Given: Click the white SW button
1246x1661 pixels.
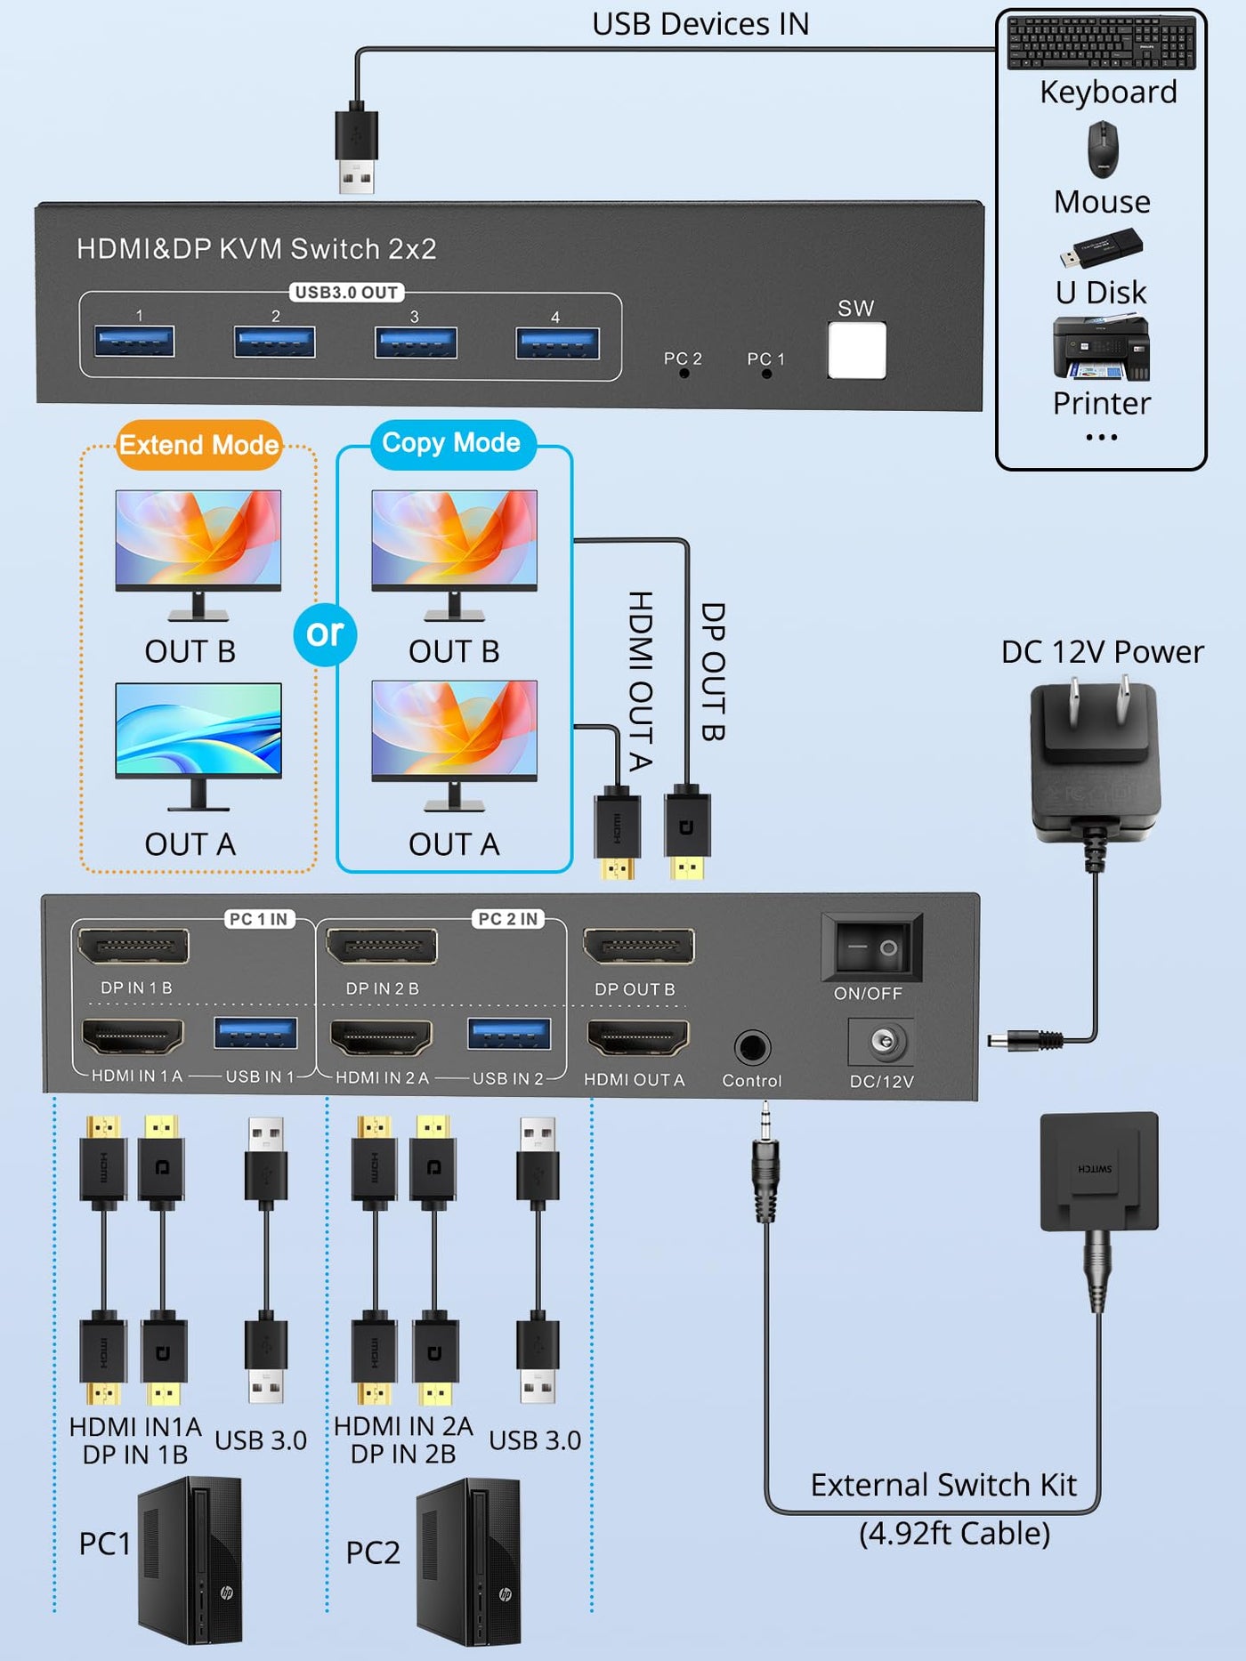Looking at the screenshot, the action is (x=856, y=350).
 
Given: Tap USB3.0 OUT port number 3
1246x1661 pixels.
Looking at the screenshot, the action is (x=416, y=343).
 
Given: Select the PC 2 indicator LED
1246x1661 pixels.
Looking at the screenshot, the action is (x=684, y=374).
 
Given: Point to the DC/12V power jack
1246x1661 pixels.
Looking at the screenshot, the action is (x=881, y=1042).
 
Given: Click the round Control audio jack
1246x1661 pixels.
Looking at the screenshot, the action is (x=751, y=1048).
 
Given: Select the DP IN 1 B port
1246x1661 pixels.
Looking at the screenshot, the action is (x=133, y=947).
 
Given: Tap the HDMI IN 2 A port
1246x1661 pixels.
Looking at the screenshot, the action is (x=381, y=1037).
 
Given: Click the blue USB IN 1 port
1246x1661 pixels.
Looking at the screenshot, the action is (x=255, y=1034).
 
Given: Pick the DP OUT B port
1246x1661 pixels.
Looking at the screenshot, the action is (x=638, y=947).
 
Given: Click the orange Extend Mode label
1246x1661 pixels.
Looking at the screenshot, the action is (x=198, y=444).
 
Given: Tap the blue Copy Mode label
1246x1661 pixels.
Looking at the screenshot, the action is (x=452, y=443).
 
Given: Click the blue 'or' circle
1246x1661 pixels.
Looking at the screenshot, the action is (x=325, y=634).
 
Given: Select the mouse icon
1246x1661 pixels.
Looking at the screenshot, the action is (x=1103, y=149).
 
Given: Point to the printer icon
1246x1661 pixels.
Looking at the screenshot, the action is (x=1102, y=348).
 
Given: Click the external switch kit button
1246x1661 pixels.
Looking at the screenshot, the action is (x=1099, y=1171).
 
